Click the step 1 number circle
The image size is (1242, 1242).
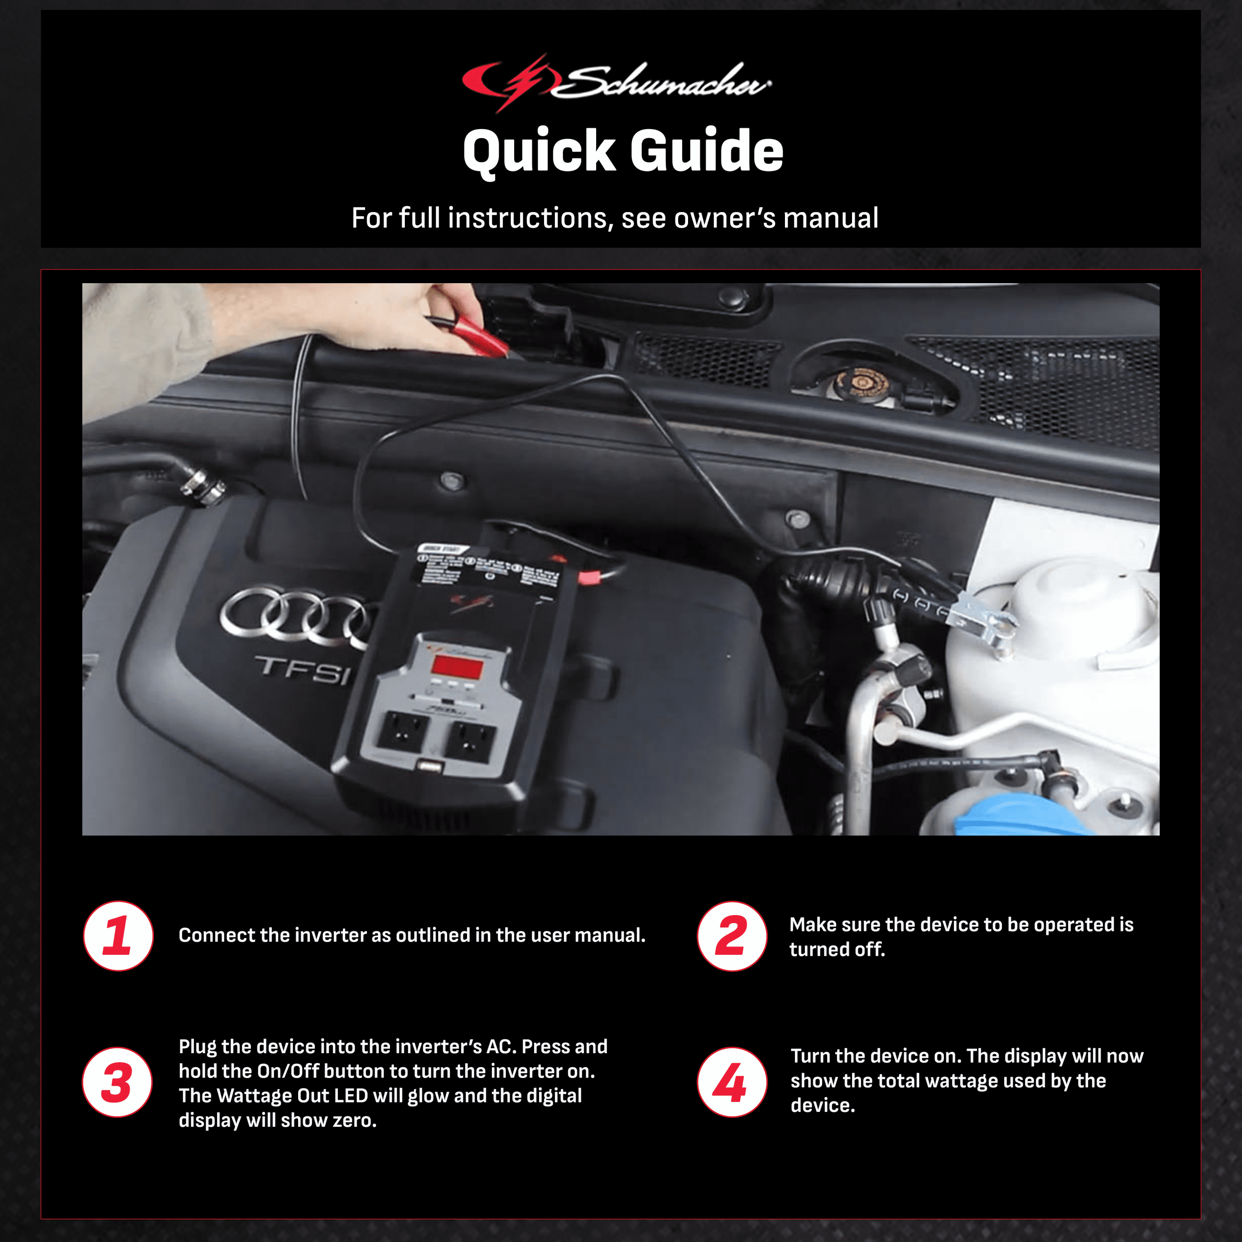tap(118, 936)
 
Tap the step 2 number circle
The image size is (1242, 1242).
tap(732, 936)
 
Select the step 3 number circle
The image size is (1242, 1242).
tap(118, 1083)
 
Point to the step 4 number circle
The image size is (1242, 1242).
tap(732, 1083)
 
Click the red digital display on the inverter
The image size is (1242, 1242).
tap(457, 668)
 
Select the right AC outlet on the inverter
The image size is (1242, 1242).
tap(472, 741)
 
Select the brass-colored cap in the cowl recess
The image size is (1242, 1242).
tap(861, 384)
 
